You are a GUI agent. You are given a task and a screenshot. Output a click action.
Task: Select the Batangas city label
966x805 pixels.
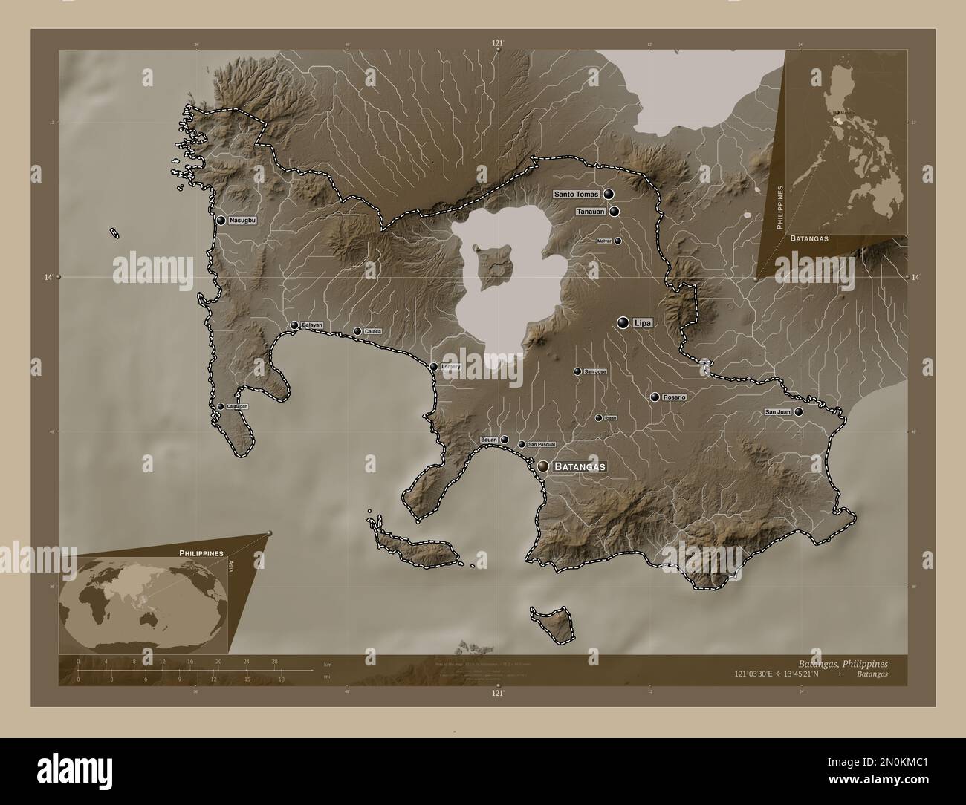[580, 466]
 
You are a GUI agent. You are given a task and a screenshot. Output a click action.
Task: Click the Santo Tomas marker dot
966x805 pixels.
[609, 194]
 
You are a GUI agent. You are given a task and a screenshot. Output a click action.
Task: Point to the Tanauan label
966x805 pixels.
[591, 212]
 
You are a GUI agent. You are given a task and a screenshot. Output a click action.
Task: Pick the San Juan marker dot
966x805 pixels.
[798, 411]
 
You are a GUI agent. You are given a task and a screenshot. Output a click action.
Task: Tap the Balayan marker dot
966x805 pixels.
[294, 325]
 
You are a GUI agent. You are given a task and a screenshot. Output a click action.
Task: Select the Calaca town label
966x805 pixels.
[373, 331]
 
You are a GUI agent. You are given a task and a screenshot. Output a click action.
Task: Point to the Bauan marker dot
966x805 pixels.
[505, 440]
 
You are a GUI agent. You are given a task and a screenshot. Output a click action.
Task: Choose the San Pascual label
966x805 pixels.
[542, 445]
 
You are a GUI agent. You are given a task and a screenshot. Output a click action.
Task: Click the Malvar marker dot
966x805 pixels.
[617, 241]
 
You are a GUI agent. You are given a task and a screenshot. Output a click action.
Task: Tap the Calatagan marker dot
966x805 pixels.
[221, 406]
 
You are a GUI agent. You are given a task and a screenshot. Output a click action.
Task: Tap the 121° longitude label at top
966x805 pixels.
[498, 44]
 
